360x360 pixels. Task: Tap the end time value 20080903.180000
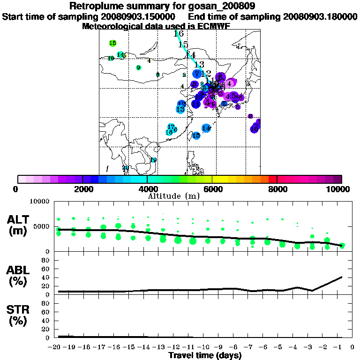tap(320, 16)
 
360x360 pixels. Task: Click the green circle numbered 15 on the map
tap(112, 43)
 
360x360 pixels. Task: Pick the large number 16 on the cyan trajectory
tap(179, 34)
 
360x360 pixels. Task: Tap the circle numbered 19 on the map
tap(153, 160)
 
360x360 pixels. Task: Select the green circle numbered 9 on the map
tap(138, 67)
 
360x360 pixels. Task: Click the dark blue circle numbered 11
tap(195, 104)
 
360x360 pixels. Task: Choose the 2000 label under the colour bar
tap(82, 189)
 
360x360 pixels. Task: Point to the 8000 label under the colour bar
tap(277, 189)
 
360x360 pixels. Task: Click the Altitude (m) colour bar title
tap(173, 195)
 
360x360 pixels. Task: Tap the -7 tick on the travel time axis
tap(252, 347)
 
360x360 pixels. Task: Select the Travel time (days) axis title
tap(205, 355)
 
